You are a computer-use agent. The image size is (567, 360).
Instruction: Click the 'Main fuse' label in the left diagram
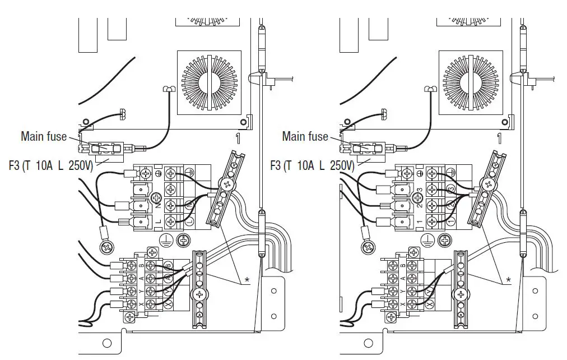click(x=44, y=136)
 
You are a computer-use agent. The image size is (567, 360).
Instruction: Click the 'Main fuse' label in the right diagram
click(x=305, y=136)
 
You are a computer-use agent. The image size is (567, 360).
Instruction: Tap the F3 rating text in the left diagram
click(x=50, y=166)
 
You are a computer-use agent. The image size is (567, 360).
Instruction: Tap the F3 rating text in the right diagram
click(x=312, y=166)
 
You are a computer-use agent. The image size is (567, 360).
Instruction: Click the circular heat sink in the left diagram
click(x=210, y=82)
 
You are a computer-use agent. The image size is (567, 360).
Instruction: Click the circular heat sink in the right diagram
click(x=471, y=82)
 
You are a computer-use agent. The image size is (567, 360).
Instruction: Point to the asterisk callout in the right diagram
click(x=508, y=279)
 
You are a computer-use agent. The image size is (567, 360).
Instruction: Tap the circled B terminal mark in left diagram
click(x=169, y=265)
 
